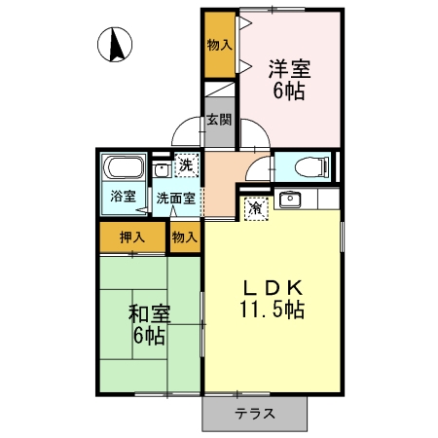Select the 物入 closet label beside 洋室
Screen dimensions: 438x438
219,45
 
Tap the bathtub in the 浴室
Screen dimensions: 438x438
124,166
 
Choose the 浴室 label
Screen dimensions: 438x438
123,196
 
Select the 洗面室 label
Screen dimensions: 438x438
176,198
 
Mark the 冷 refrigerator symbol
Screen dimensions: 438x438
255,207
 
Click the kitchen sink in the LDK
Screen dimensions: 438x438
289,201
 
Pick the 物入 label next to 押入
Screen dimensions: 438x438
185,237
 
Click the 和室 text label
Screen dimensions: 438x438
150,315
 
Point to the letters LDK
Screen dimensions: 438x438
273,289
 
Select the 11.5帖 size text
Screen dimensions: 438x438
273,311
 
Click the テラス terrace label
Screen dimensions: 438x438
254,413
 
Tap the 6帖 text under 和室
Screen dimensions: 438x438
150,337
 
